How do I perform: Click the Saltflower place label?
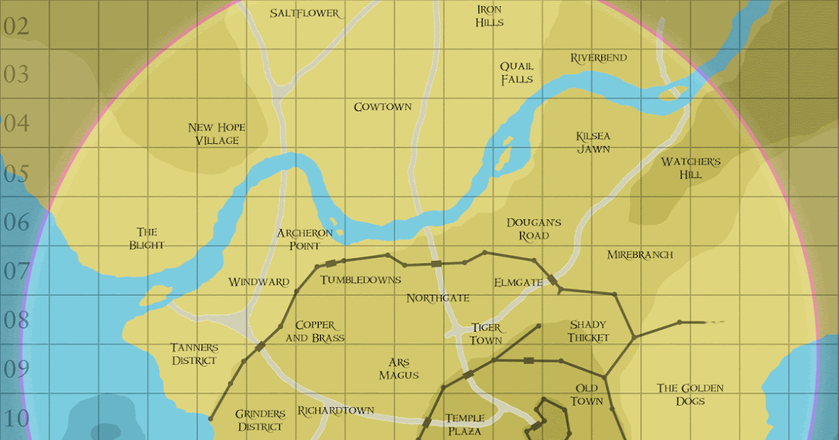click(x=305, y=13)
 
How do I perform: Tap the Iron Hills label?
click(x=489, y=15)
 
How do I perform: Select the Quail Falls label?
click(x=516, y=73)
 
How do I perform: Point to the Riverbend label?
click(x=598, y=57)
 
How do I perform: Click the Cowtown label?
click(x=382, y=107)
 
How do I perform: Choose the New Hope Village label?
click(x=217, y=134)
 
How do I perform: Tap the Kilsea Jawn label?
click(x=593, y=142)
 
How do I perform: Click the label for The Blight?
click(x=147, y=238)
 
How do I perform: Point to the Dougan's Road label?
click(x=534, y=229)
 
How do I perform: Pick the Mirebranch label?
click(x=640, y=255)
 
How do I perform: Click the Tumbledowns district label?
click(x=361, y=280)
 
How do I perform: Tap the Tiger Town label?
click(x=486, y=334)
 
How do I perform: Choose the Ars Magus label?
click(x=399, y=369)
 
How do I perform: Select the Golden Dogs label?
click(x=690, y=395)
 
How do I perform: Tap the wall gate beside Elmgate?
click(x=553, y=279)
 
